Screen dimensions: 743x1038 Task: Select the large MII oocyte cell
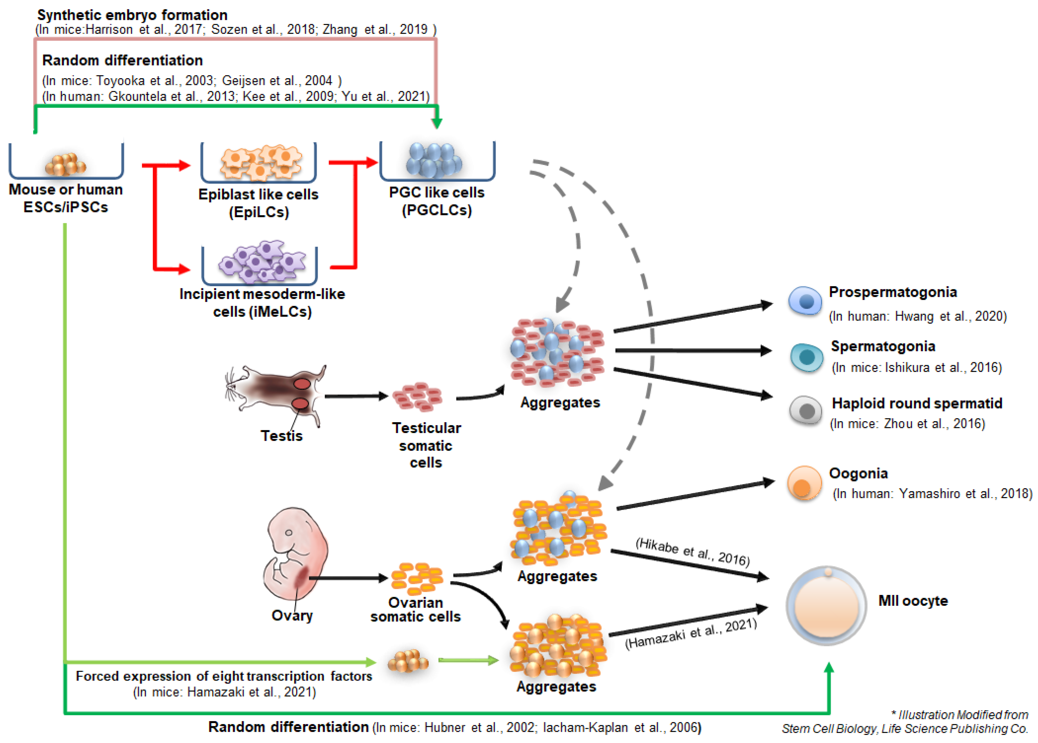(826, 606)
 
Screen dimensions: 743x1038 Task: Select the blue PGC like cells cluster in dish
(434, 160)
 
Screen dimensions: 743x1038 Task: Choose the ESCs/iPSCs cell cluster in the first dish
(65, 164)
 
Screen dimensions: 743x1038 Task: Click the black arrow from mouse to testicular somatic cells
(356, 396)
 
